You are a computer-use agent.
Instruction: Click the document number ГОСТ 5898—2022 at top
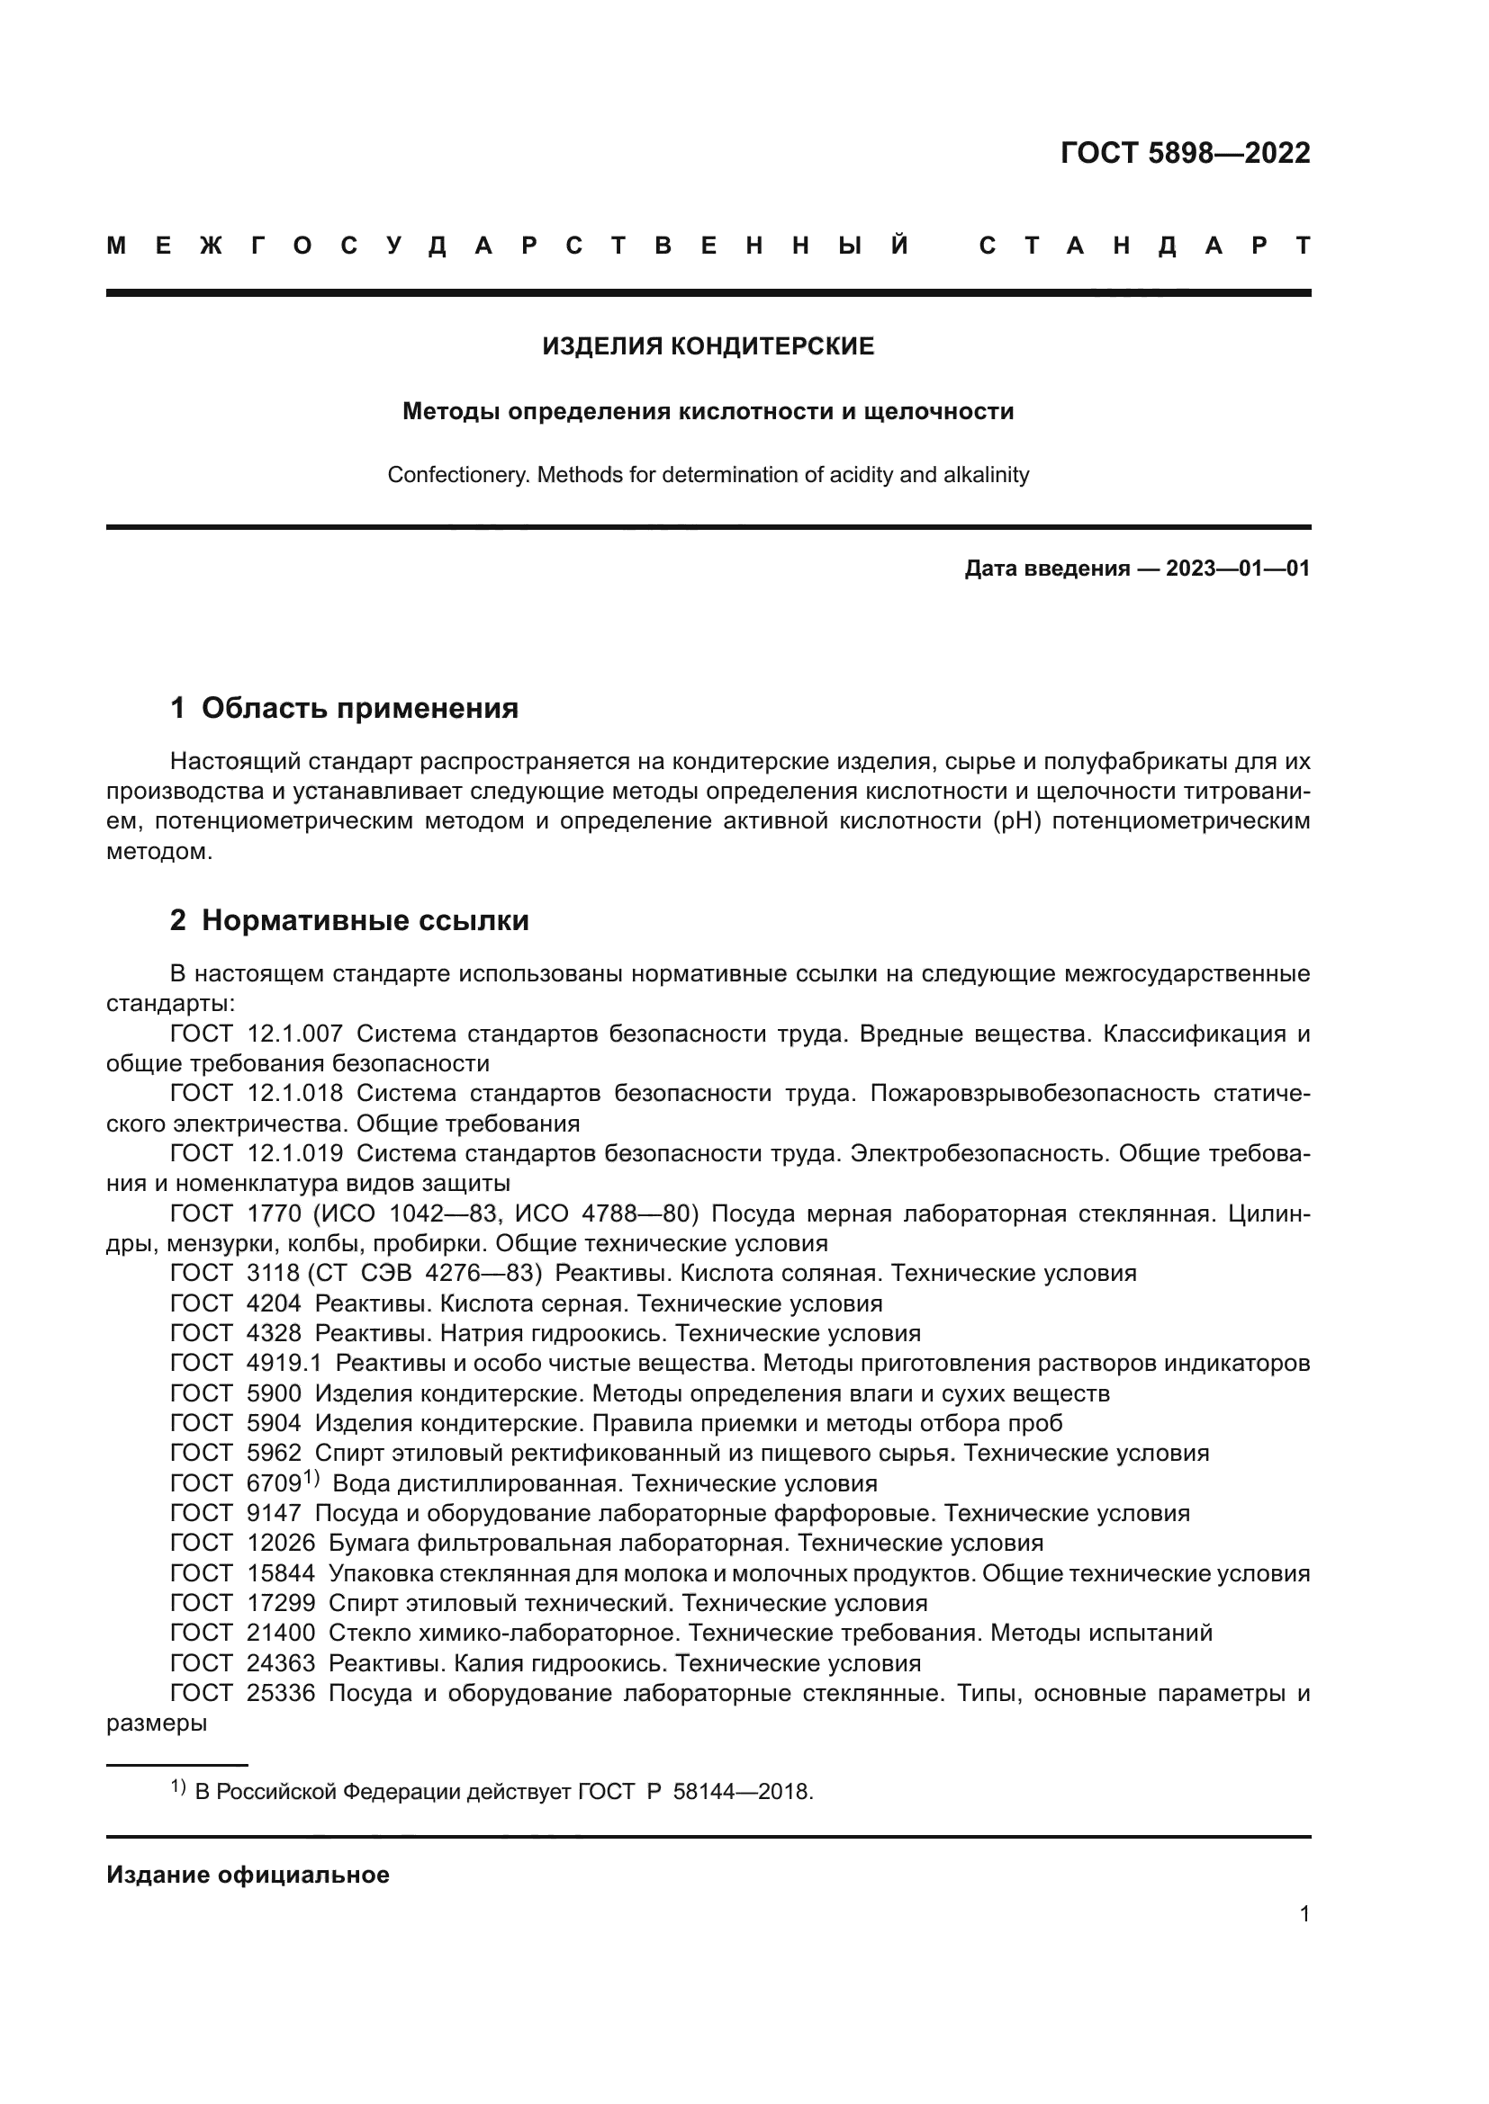1185,153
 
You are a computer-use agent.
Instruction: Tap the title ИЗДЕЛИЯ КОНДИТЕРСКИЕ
708,346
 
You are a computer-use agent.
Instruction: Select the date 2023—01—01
1237,569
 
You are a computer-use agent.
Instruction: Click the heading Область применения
359,708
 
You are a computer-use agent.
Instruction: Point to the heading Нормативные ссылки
365,920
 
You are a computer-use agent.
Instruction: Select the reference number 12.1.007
295,1034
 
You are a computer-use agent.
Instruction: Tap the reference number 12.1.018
295,1093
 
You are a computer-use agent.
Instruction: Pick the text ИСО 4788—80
606,1214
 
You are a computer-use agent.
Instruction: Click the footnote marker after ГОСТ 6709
311,1477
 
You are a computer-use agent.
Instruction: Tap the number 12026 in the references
281,1544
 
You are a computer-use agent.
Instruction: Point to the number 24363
281,1663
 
